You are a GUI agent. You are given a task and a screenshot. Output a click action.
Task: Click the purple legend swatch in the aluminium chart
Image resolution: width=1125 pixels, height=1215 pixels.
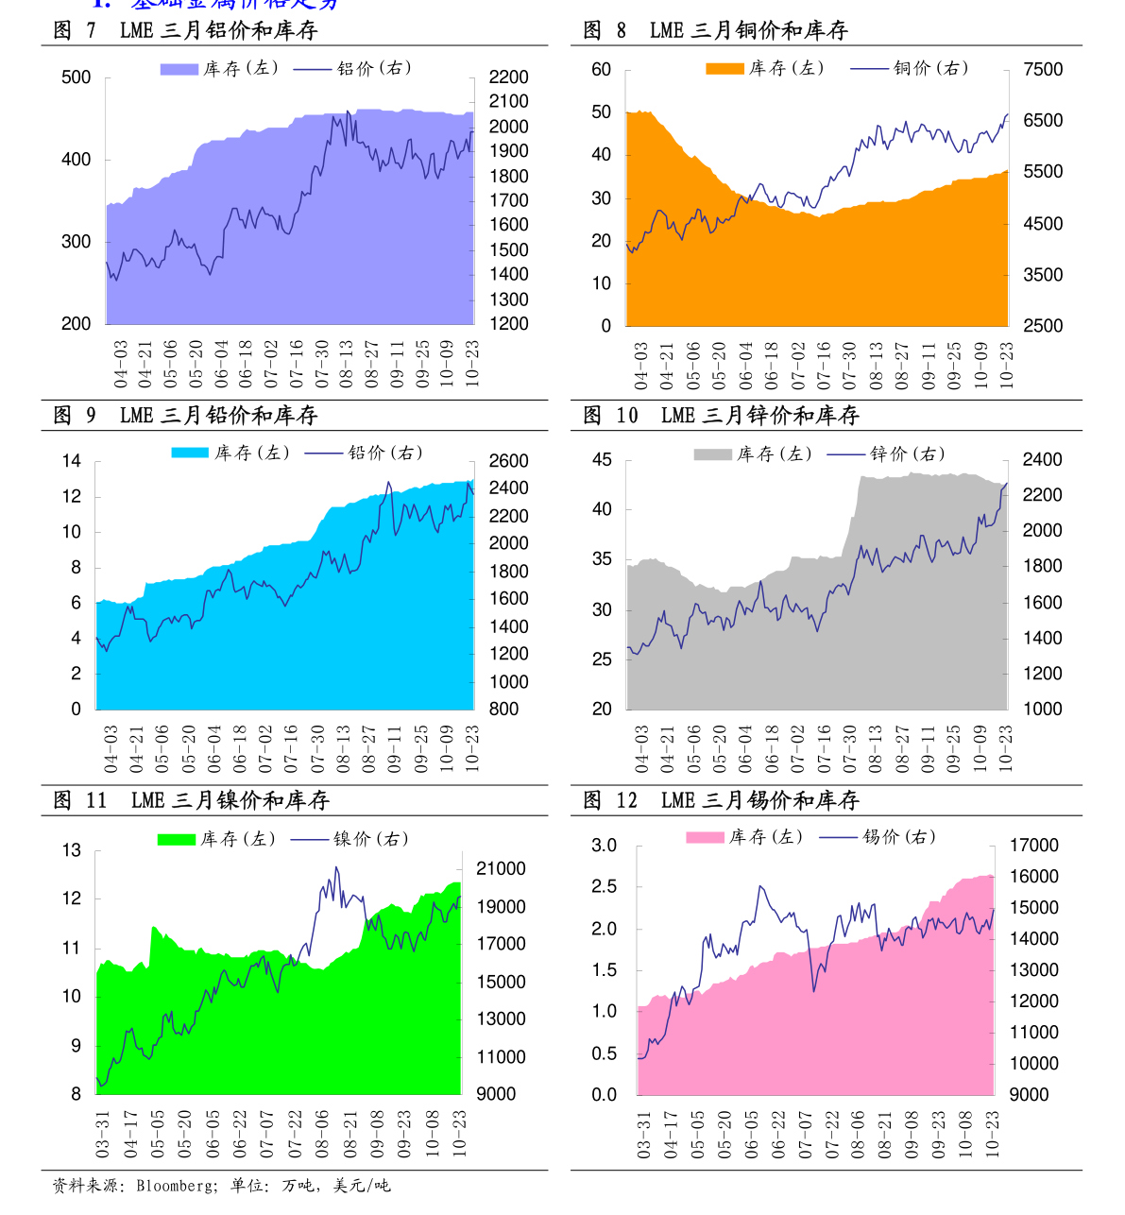(x=179, y=69)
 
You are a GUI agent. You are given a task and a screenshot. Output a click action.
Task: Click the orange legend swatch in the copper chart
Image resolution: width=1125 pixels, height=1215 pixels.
(x=724, y=68)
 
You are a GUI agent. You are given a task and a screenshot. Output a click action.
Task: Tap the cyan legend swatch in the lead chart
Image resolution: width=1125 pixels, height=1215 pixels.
(x=189, y=453)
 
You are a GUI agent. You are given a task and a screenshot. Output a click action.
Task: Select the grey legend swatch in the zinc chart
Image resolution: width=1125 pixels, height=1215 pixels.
(x=712, y=454)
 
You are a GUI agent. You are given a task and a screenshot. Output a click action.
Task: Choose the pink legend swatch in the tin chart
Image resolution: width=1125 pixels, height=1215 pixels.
(x=704, y=837)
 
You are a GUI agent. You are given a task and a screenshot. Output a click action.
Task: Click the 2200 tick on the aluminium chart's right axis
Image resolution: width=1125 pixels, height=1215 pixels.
(x=508, y=77)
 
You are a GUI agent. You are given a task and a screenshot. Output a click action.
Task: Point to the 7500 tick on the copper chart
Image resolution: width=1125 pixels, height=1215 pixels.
(x=1043, y=70)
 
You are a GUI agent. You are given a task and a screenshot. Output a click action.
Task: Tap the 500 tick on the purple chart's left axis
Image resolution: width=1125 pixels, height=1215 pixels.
(x=76, y=78)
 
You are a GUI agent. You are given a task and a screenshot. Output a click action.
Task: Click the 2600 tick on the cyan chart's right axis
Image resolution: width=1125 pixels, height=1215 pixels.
(x=508, y=461)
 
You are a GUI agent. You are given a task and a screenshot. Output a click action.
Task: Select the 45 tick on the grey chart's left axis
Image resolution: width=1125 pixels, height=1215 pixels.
(x=602, y=460)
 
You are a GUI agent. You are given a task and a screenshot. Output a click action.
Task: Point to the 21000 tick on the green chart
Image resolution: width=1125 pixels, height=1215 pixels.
(x=501, y=869)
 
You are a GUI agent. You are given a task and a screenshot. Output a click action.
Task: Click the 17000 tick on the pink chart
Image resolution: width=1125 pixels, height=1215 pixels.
(x=1034, y=846)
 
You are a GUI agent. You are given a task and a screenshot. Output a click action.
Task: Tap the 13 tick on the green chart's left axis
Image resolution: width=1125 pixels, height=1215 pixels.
(x=72, y=850)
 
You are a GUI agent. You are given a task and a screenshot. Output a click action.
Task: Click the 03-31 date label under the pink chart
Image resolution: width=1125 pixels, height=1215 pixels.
(x=644, y=1135)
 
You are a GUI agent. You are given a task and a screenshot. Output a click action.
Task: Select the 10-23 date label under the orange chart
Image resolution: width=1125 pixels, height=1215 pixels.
(x=1006, y=366)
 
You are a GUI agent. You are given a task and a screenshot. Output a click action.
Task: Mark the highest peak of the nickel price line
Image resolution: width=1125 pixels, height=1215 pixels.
(x=336, y=867)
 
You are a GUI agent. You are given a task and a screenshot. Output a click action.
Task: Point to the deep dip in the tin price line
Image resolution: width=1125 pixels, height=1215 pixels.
(x=813, y=990)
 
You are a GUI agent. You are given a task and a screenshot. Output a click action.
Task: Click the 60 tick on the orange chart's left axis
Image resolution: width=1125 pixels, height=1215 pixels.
(x=602, y=70)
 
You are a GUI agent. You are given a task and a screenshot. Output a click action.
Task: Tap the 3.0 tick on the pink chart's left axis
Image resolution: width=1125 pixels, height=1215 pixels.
(x=604, y=846)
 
